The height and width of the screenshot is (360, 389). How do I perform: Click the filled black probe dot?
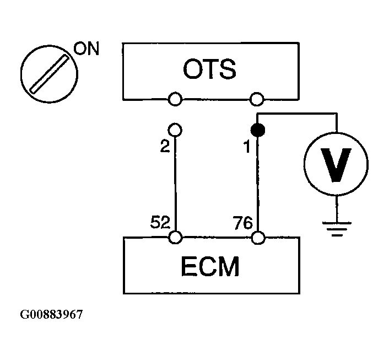[x=257, y=131]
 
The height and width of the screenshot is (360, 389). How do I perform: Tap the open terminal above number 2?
[x=175, y=130]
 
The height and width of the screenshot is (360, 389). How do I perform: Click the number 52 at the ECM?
[x=160, y=223]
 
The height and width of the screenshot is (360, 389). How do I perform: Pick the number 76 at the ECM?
[x=243, y=223]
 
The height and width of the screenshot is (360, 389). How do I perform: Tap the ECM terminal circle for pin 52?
[x=175, y=238]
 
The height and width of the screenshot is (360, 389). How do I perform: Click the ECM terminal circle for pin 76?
[x=257, y=238]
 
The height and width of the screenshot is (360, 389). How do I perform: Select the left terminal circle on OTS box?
[x=175, y=99]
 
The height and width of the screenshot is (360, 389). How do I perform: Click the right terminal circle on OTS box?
[x=256, y=99]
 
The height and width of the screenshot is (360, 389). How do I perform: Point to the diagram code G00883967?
[x=52, y=315]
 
